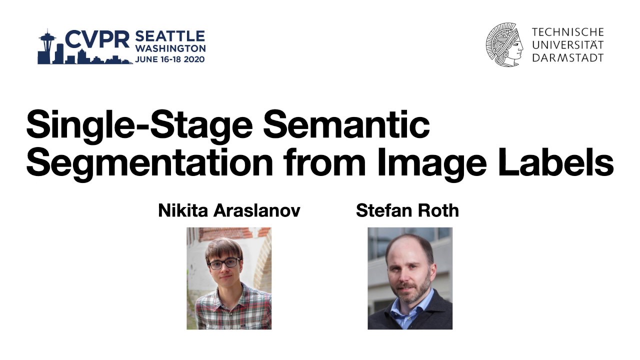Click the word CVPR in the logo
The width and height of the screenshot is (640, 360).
(x=97, y=40)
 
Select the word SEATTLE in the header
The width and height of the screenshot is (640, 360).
(x=170, y=36)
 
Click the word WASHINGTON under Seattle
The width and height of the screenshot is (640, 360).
(x=170, y=48)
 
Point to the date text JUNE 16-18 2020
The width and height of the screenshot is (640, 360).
(x=170, y=59)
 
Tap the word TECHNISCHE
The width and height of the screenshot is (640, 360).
(x=567, y=32)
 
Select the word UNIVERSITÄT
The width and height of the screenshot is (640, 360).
(x=567, y=45)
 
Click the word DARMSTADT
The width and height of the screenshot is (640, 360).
(x=567, y=57)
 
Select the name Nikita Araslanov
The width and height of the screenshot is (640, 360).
(x=229, y=210)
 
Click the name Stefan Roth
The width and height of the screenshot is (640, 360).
(x=407, y=210)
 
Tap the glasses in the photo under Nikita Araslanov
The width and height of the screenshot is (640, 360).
(x=223, y=263)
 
